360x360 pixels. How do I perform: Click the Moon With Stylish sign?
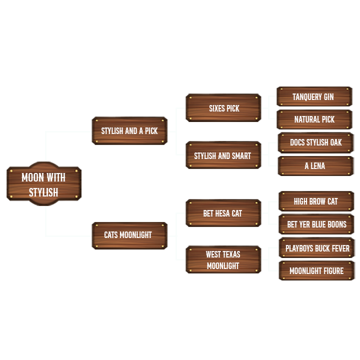point(43,184)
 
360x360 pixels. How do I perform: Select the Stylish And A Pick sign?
point(129,131)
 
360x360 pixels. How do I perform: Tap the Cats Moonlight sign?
point(129,235)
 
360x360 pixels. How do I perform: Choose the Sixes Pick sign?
point(223,108)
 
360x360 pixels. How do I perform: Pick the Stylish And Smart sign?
point(223,155)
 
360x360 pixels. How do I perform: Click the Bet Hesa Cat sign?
point(223,213)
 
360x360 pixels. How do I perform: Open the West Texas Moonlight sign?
point(223,260)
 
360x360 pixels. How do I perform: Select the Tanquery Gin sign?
point(314,96)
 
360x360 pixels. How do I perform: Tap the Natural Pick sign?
point(314,119)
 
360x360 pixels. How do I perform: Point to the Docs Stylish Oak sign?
point(315,142)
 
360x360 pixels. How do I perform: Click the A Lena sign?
point(315,166)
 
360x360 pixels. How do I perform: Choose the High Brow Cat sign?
point(316,201)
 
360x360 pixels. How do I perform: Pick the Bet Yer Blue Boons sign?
point(316,224)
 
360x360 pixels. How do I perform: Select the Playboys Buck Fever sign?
point(317,248)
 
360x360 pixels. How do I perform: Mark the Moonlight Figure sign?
point(316,271)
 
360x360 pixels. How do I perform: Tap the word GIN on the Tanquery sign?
point(327,96)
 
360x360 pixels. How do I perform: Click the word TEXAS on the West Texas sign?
point(230,254)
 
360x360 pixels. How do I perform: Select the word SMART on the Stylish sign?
point(241,155)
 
